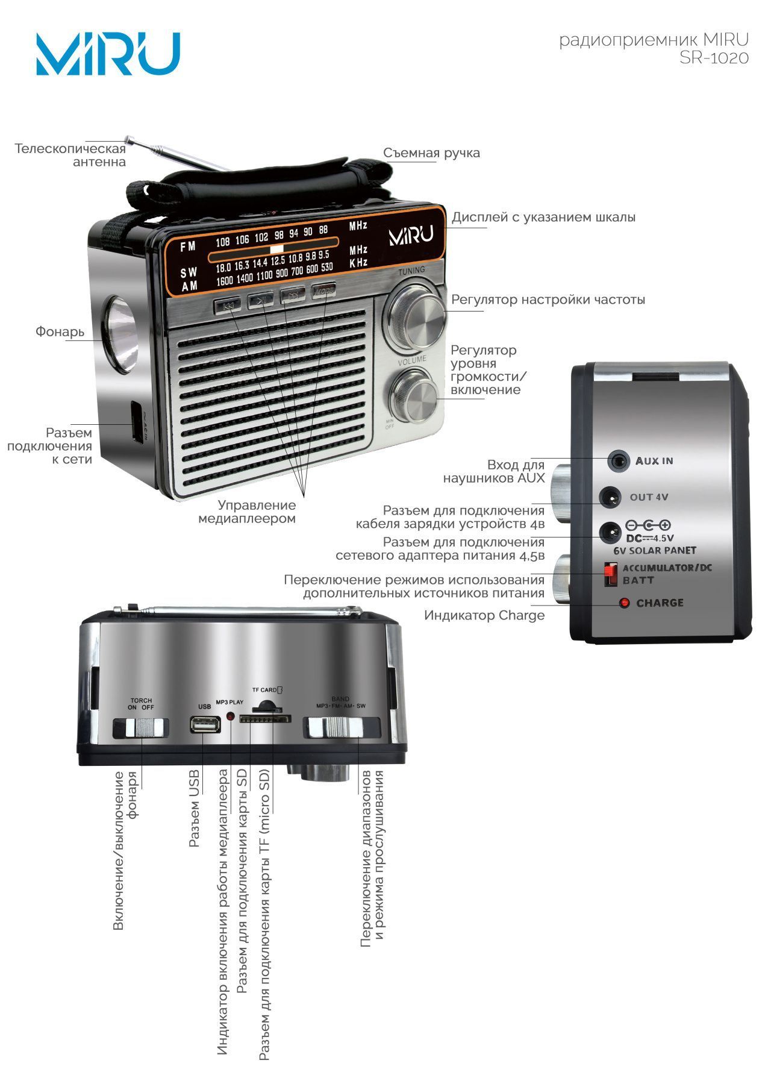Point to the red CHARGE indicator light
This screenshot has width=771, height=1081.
624,603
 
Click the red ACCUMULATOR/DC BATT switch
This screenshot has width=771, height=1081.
610,574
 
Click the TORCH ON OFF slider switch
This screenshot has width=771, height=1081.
145,727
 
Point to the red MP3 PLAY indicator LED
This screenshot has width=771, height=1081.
230,716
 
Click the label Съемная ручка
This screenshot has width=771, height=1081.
431,153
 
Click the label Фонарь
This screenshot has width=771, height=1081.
60,331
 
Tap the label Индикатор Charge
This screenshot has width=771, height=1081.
484,615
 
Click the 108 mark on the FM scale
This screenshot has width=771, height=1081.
223,242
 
